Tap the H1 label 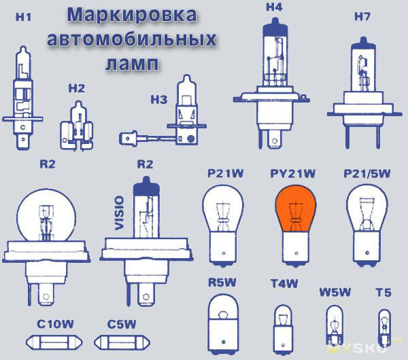coord(23,17)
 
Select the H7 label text coord(362,16)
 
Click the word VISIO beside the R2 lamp coord(120,213)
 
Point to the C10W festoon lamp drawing coord(54,342)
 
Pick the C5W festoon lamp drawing coord(122,342)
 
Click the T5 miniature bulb coord(384,328)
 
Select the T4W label coord(284,283)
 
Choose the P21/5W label coord(367,173)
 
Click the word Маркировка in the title coord(132,15)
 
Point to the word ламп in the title coord(132,64)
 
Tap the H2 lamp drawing coord(77,126)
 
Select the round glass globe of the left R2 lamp coord(46,215)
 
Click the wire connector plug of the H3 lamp coord(128,139)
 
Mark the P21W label coord(225,173)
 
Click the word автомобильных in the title coord(132,39)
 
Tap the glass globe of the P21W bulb coord(223,208)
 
